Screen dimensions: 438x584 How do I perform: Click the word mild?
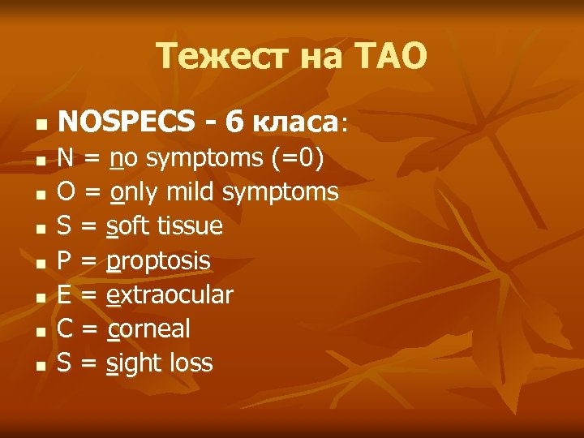pos(191,191)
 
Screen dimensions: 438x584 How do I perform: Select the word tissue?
pos(192,225)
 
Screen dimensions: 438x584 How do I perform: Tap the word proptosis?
pos(158,260)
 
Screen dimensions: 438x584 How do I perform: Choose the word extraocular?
pos(170,294)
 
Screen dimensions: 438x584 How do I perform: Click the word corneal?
pos(148,328)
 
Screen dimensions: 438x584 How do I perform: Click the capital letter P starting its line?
pos(64,260)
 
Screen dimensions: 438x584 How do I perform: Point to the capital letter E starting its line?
pos(64,294)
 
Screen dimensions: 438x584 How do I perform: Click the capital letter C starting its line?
pos(65,328)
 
